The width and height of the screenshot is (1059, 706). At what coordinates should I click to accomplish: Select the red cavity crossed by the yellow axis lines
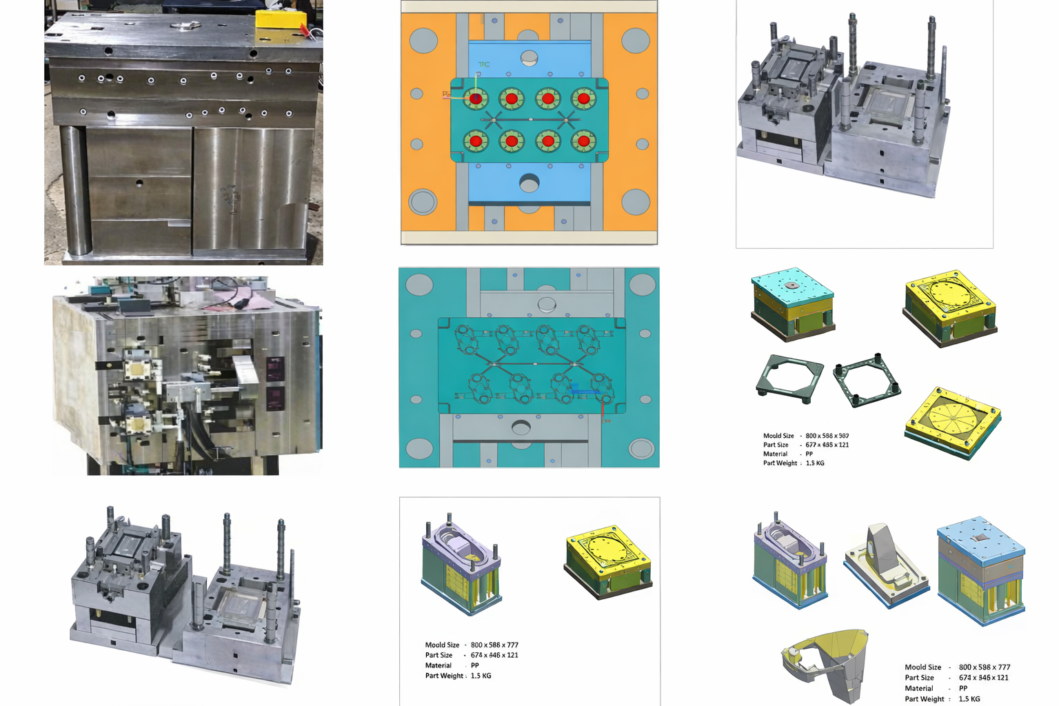coord(476,99)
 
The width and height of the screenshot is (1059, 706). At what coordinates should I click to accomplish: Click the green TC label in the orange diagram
coord(484,65)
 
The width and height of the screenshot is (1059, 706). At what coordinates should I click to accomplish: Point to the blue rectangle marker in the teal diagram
coord(585,392)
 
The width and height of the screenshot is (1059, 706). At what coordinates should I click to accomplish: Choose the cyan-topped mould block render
coord(792,303)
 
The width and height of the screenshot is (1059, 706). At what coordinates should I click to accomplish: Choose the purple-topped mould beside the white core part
coord(790,562)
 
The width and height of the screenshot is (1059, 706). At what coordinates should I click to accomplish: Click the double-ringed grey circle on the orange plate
coord(423,202)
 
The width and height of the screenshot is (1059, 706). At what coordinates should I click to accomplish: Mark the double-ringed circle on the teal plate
coord(641,449)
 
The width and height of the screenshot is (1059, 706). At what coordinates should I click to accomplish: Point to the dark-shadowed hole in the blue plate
coord(529,183)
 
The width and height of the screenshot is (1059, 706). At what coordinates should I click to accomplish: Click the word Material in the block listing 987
coord(775,454)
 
